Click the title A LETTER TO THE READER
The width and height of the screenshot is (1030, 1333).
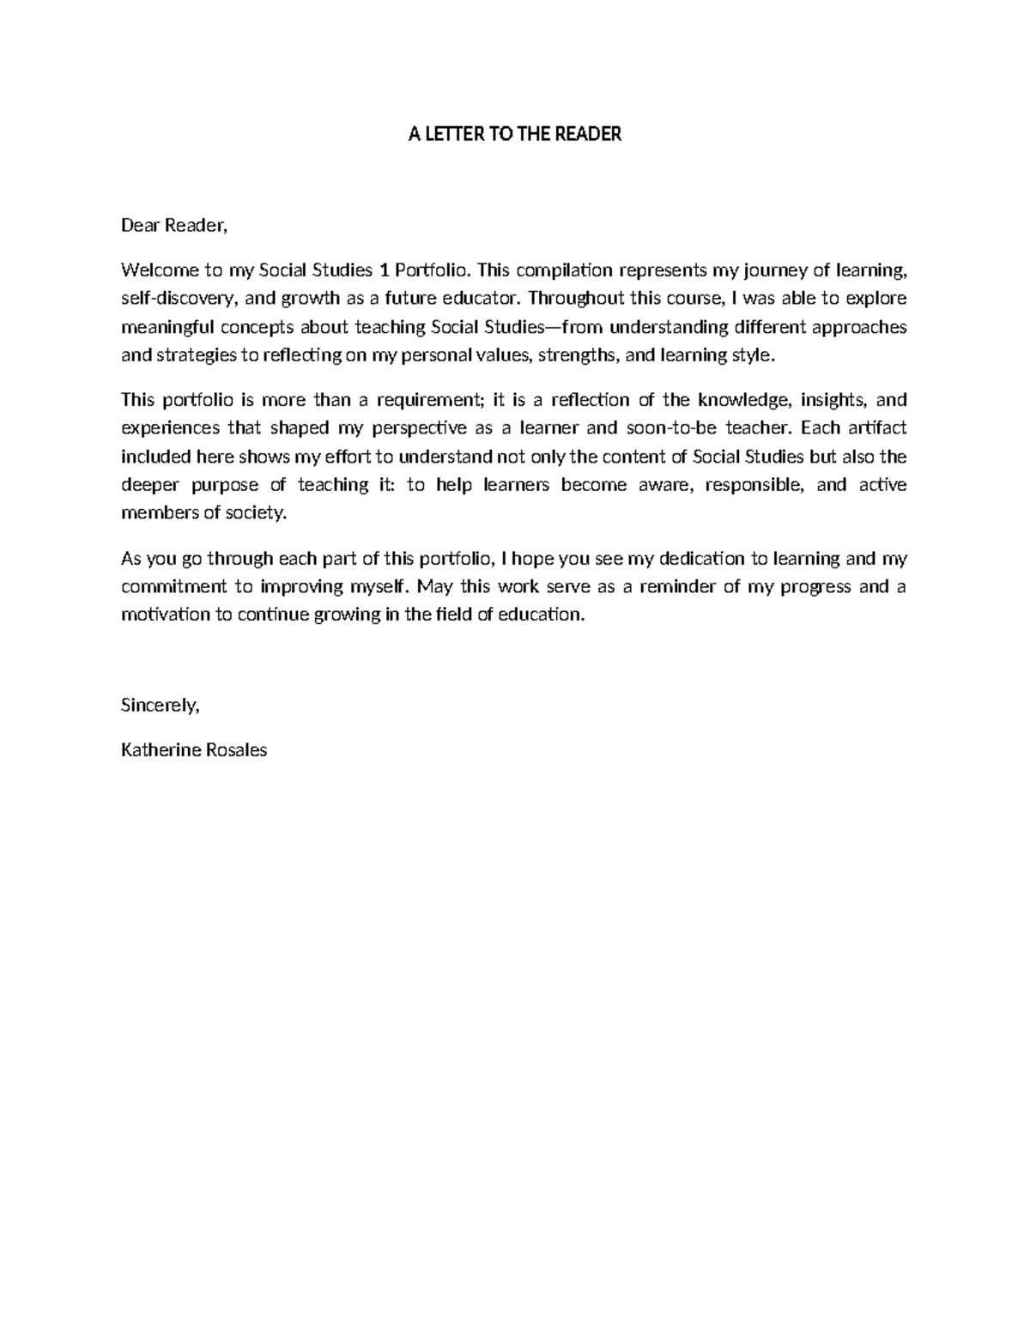(x=514, y=135)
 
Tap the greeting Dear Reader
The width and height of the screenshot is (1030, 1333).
(x=174, y=226)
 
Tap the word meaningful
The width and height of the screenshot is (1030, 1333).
(x=167, y=327)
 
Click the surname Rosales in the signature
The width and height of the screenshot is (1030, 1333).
(x=237, y=750)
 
